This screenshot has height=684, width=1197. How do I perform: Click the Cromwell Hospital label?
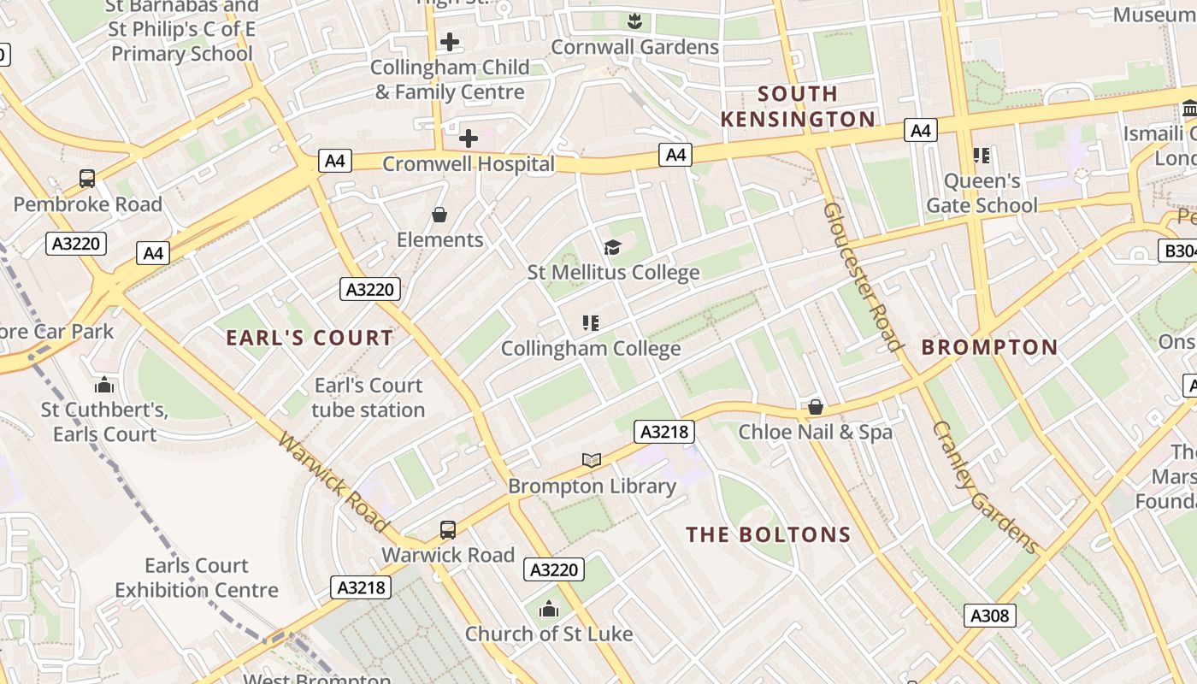tap(468, 164)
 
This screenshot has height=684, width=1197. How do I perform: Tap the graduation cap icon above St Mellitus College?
tap(612, 248)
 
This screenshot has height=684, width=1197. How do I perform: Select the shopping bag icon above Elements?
tap(439, 215)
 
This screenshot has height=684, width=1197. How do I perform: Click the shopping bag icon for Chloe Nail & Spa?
tap(815, 407)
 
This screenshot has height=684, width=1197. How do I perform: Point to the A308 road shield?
tap(990, 615)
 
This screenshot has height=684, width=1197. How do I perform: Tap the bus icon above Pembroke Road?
tap(87, 179)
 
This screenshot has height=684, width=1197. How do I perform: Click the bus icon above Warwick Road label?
tap(448, 530)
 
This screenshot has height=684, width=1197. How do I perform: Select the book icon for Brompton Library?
tap(592, 460)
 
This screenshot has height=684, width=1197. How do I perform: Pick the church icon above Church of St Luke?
tap(549, 610)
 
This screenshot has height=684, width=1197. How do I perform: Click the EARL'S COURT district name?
tap(310, 338)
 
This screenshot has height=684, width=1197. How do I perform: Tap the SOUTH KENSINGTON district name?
tap(798, 106)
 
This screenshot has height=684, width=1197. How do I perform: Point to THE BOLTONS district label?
tap(768, 535)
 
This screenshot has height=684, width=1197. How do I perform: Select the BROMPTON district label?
tap(989, 347)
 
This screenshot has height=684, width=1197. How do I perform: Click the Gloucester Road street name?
tap(863, 276)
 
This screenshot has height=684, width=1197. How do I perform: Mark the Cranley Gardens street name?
tap(984, 487)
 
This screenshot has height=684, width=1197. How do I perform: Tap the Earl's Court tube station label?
tap(368, 398)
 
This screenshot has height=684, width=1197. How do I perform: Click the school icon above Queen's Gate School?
tap(981, 156)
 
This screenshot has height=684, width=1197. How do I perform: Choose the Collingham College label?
tap(590, 348)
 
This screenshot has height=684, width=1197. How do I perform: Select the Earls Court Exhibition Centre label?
tap(196, 578)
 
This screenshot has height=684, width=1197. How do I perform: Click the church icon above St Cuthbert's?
tap(104, 385)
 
